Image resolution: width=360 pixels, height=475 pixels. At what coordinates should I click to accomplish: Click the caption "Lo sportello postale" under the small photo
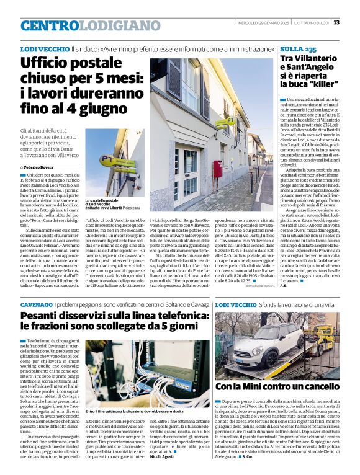click(x=101, y=201)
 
